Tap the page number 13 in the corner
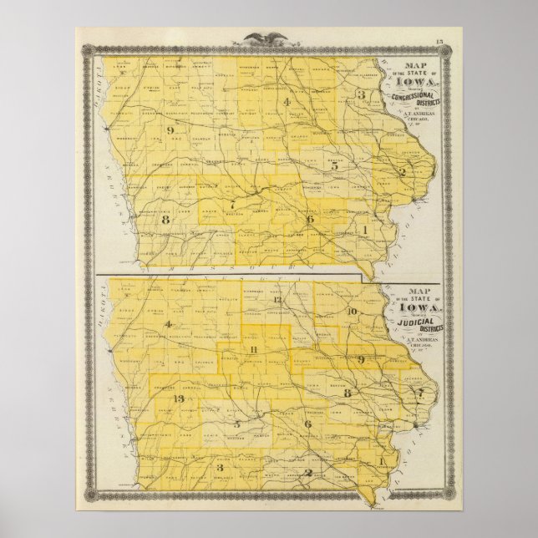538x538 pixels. click(439, 42)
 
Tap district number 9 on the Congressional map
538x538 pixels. click(170, 130)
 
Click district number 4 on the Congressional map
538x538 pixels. click(287, 103)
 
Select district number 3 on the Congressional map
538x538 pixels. click(362, 95)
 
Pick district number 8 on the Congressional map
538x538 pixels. click(166, 220)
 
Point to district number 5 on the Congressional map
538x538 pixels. click(335, 165)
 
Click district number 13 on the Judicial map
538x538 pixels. click(177, 398)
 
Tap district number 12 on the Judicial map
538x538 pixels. click(277, 298)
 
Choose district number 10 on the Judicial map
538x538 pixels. click(352, 311)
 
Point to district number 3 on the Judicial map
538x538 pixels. click(220, 468)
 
